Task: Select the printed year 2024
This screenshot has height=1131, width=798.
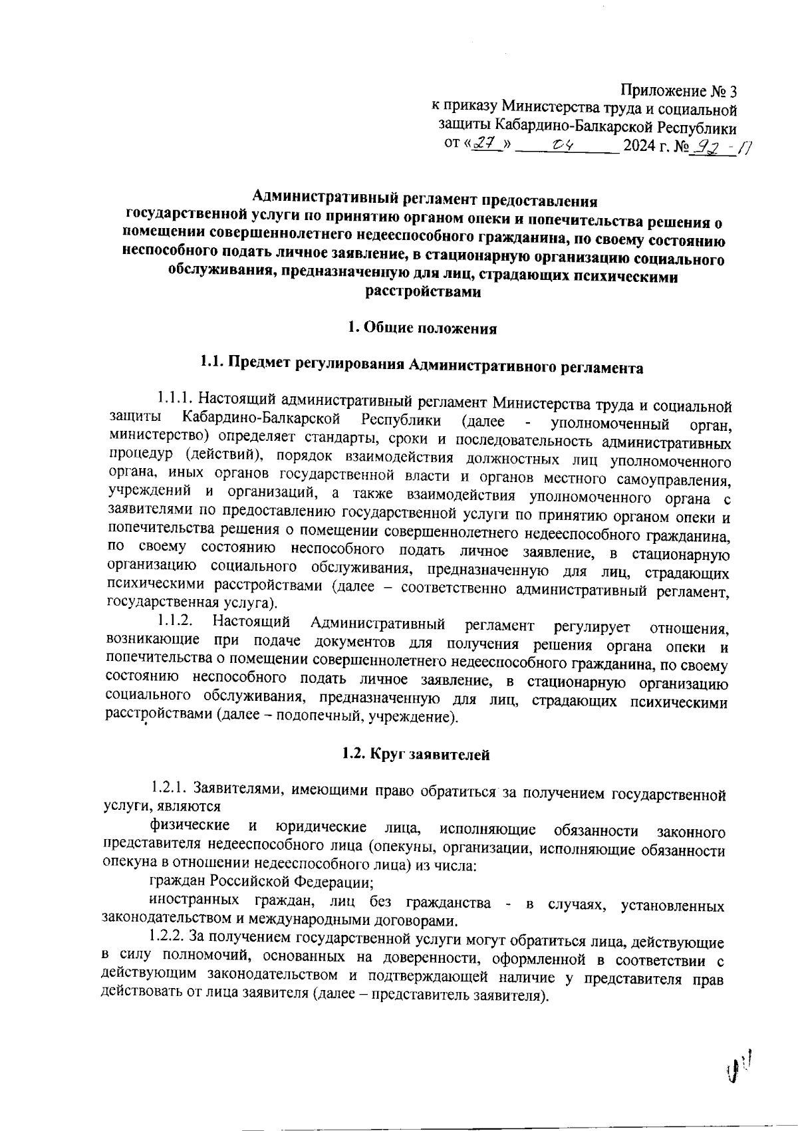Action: point(640,144)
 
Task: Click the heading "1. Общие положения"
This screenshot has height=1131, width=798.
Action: point(422,328)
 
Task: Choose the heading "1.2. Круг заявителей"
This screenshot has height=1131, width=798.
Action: point(416,754)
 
